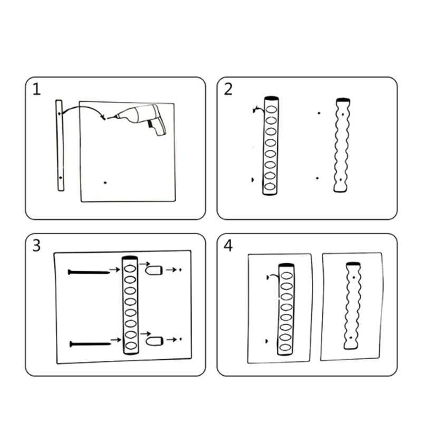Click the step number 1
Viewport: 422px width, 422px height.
click(x=36, y=89)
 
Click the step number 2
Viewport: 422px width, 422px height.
click(x=228, y=89)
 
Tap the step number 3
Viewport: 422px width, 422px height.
click(x=36, y=245)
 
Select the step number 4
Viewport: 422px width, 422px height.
click(x=228, y=245)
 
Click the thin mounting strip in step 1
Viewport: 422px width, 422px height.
click(x=60, y=146)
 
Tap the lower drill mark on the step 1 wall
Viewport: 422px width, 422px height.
click(x=105, y=183)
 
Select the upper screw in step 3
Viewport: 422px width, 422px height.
click(x=89, y=272)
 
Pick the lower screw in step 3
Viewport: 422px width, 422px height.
click(x=90, y=344)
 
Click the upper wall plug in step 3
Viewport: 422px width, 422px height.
click(x=154, y=270)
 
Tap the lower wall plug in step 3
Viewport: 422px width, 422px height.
click(x=155, y=341)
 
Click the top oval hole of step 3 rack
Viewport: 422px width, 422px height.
click(x=130, y=268)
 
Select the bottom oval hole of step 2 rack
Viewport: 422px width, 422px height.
click(x=270, y=187)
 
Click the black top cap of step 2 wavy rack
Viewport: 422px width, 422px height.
click(x=343, y=100)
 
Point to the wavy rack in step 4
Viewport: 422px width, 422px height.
click(x=352, y=305)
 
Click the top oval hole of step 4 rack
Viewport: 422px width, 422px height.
click(x=286, y=275)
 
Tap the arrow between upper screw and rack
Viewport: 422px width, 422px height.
click(x=114, y=269)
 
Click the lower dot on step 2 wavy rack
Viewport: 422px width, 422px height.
click(x=341, y=179)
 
